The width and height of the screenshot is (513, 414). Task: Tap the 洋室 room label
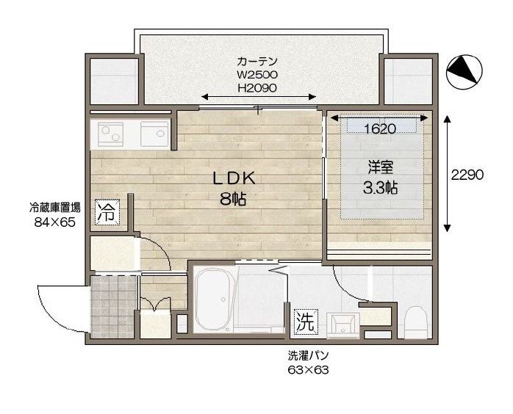(380, 167)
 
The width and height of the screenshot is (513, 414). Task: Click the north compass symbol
(465, 71)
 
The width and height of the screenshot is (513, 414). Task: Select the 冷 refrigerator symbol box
(107, 211)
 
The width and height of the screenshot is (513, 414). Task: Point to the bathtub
(215, 299)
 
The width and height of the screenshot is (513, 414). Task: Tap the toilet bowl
(415, 322)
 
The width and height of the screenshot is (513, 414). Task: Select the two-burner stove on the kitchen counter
(110, 134)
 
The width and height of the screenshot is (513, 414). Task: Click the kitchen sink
(154, 134)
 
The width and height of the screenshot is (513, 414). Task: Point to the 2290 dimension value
(467, 175)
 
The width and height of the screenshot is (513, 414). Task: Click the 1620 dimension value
(380, 129)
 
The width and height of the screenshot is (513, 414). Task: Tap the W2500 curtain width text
(257, 75)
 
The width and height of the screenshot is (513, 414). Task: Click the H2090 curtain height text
(257, 88)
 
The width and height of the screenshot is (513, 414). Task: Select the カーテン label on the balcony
(257, 61)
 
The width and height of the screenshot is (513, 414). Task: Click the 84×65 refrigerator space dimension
(55, 222)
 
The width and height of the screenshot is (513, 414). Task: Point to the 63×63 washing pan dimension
(308, 370)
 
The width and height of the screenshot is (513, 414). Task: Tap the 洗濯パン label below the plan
(308, 356)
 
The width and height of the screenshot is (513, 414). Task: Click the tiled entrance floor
(113, 307)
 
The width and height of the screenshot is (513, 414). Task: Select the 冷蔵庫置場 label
(55, 208)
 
